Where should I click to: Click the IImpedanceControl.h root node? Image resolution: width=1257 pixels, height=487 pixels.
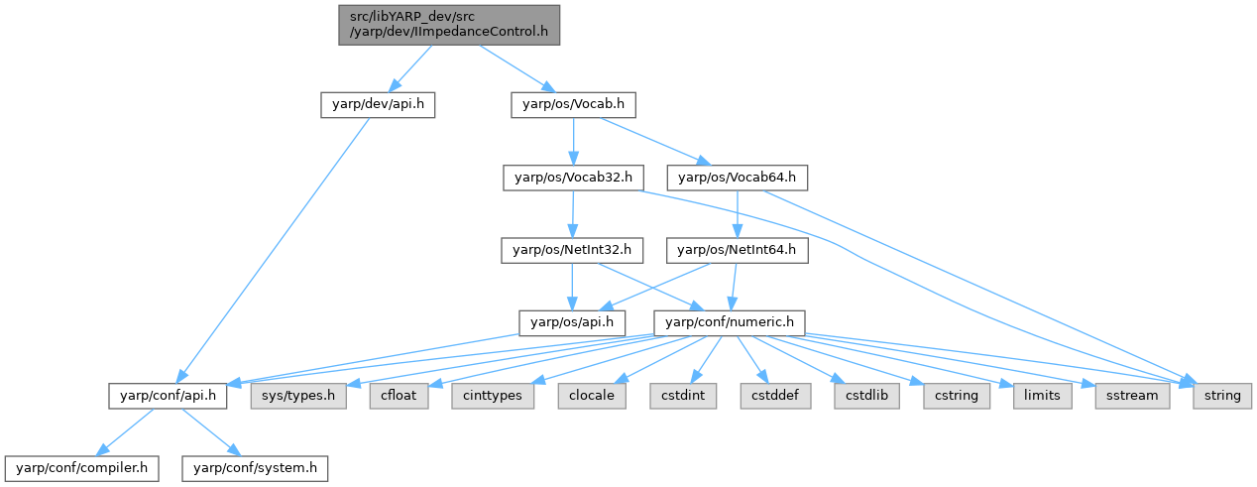[449, 24]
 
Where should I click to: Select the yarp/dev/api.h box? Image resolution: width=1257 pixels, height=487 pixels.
[378, 104]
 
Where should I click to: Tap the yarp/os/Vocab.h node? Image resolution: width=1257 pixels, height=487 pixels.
[572, 104]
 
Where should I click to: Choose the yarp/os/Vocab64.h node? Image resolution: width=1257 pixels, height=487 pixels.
[739, 178]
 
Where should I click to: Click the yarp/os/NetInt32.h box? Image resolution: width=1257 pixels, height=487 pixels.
[572, 250]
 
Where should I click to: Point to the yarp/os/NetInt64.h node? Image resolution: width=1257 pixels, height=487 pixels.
[737, 250]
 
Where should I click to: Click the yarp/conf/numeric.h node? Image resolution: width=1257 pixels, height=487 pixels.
[729, 321]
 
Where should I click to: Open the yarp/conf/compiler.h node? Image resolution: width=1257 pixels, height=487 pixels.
[81, 466]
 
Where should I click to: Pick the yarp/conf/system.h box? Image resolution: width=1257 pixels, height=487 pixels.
[253, 466]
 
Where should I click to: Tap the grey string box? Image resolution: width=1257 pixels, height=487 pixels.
[1222, 395]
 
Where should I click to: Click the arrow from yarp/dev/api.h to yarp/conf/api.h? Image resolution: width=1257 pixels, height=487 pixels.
[276, 248]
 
